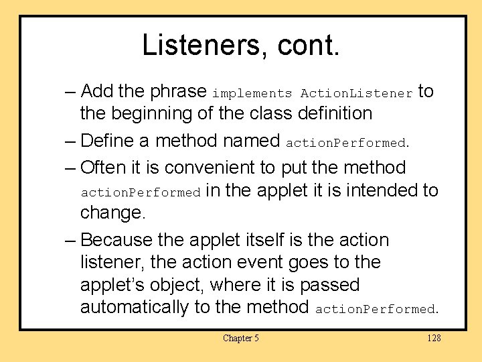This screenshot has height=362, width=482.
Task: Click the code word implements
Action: (x=252, y=94)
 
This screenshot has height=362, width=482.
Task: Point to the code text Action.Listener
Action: (x=356, y=94)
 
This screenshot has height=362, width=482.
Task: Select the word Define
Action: (x=114, y=141)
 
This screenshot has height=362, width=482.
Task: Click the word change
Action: (x=112, y=213)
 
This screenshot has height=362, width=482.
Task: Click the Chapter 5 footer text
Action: (x=241, y=338)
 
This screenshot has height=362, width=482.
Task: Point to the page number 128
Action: (x=434, y=338)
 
